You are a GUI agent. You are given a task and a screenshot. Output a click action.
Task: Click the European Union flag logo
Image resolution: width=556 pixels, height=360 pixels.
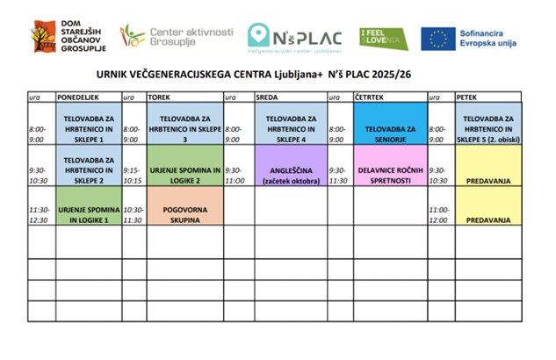[436, 37]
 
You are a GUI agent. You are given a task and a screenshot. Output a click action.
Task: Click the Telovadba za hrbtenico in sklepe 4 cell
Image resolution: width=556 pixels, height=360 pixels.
[290, 128]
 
